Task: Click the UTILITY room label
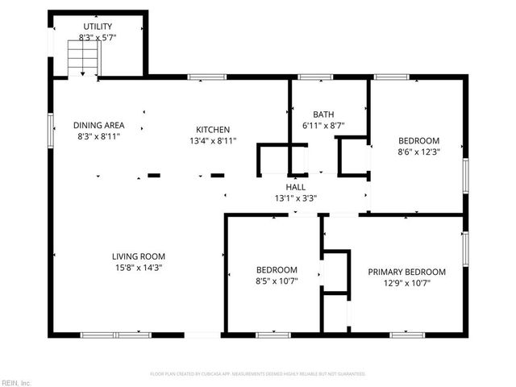pos(96,27)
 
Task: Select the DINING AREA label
pos(98,125)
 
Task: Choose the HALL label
pos(296,186)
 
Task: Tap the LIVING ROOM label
pos(139,256)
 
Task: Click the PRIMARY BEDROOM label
pos(406,272)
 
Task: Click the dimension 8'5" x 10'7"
pos(277,281)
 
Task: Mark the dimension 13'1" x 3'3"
pos(296,198)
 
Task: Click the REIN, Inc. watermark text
pos(16,382)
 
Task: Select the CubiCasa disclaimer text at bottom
pos(258,374)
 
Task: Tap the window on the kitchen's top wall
pos(206,77)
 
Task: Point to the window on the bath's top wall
pos(314,77)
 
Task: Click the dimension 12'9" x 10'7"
pos(406,283)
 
